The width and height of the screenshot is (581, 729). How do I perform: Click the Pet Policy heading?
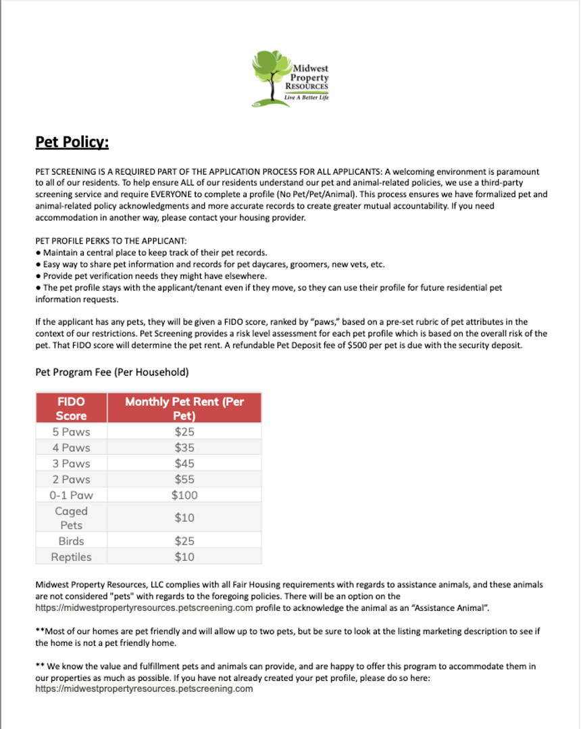pos(72,142)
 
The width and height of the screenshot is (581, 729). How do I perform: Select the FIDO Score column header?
pos(71,408)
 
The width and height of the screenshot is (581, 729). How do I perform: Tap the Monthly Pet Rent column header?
pos(184,408)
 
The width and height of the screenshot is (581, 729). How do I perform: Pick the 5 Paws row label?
pos(71,432)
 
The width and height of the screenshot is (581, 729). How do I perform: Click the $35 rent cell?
pos(184,448)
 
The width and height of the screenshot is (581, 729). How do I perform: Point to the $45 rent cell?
pos(184,464)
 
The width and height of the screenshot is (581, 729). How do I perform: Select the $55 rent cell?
pos(184,479)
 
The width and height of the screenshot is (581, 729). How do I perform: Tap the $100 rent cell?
pos(184,495)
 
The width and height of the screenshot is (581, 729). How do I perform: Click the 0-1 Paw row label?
pos(71,495)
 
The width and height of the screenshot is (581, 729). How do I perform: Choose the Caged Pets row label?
pos(71,518)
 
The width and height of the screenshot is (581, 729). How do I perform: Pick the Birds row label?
pos(71,541)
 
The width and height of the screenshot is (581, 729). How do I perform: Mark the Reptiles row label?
pos(71,557)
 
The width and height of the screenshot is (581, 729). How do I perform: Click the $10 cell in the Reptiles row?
pos(184,557)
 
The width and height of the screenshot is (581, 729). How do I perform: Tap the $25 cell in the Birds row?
pos(184,541)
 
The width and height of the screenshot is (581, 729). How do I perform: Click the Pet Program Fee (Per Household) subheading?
pos(111,372)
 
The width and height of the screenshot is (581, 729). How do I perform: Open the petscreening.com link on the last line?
pos(144,689)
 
